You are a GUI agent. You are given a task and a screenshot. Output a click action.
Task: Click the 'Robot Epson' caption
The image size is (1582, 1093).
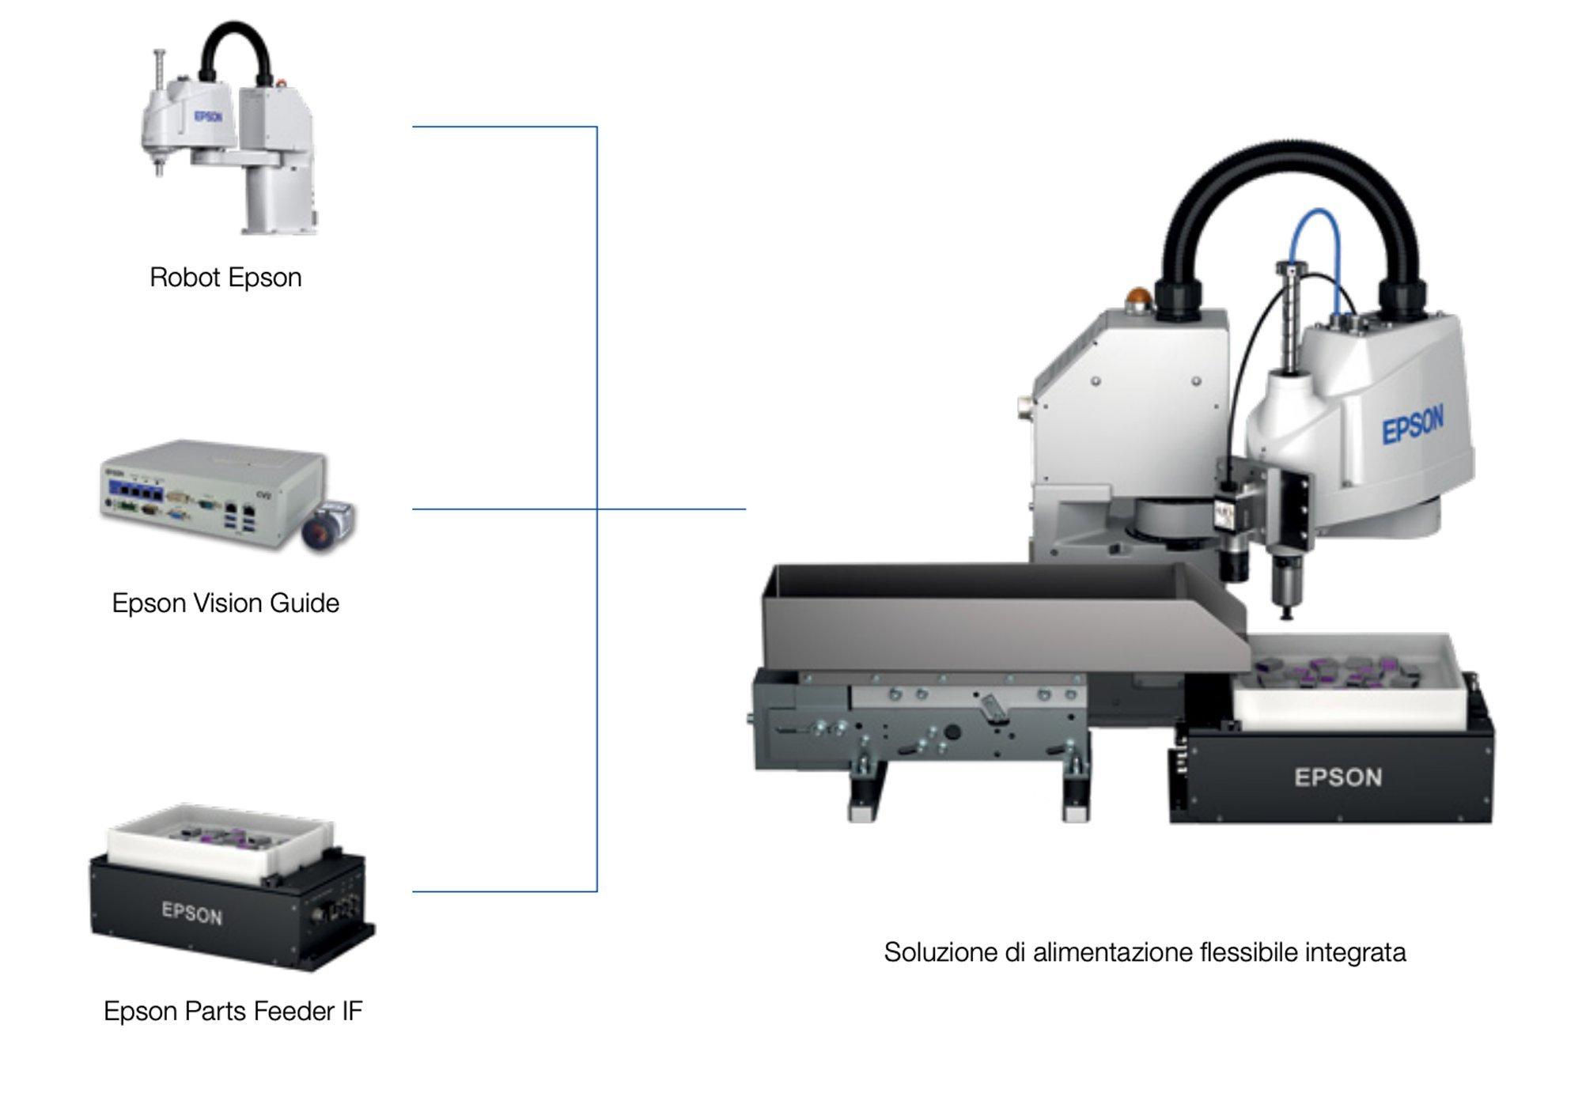coord(225,278)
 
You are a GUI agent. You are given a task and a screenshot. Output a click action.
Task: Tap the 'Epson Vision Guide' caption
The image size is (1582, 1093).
coord(225,603)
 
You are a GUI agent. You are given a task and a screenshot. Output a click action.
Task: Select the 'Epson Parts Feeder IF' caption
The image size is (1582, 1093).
coord(233,1011)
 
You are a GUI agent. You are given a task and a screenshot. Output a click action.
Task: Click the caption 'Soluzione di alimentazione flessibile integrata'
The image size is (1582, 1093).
coord(1145,952)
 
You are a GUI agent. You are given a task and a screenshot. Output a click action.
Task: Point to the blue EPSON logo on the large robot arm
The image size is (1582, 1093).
coord(1413,425)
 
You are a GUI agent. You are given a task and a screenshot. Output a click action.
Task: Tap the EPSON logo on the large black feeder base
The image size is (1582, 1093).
coord(1338,777)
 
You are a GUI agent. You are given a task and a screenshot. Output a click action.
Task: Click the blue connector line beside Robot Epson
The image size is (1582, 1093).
coord(505,127)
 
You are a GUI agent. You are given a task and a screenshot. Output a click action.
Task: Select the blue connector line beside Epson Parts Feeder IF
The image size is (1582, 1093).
coord(505,891)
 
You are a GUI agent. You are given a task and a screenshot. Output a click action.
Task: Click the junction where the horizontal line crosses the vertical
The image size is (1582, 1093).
coord(596,509)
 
